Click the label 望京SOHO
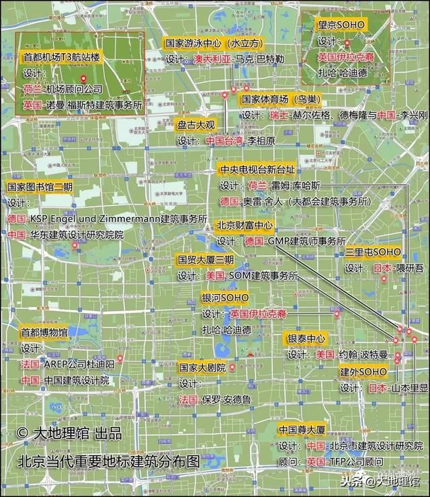pos(341,24)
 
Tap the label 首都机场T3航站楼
pos(61,58)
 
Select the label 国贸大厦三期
pos(206,259)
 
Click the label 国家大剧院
pos(202,368)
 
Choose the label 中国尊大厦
pos(302,429)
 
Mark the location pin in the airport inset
pos(83,81)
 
